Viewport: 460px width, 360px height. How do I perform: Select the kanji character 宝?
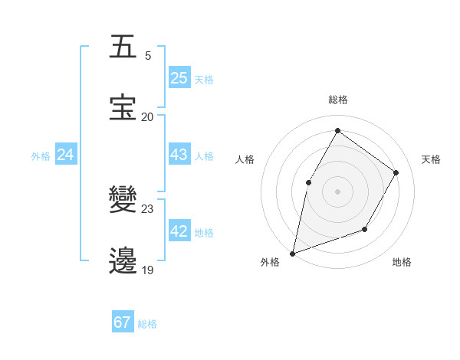(124, 107)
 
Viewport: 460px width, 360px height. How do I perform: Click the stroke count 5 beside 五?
(148, 56)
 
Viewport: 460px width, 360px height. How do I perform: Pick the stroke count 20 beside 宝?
(147, 117)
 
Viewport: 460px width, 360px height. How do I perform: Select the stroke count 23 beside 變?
(147, 208)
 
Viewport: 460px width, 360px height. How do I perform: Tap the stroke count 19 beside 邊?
(147, 270)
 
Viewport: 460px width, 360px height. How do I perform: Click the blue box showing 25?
(179, 78)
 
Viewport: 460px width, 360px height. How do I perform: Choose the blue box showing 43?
(179, 155)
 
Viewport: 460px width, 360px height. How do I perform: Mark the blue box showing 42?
(179, 231)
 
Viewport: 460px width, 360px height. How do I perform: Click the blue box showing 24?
(66, 155)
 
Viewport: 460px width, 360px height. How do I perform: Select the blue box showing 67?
(123, 322)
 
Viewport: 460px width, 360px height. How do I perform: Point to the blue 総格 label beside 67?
(147, 324)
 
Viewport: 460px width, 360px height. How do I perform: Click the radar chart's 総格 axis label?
(337, 100)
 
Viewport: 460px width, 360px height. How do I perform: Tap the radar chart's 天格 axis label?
(431, 159)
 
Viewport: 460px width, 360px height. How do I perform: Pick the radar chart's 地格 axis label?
(402, 263)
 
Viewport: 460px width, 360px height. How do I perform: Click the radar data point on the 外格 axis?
(292, 253)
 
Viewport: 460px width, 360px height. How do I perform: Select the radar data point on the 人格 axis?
(308, 182)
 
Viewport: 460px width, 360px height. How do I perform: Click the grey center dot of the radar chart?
(337, 191)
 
